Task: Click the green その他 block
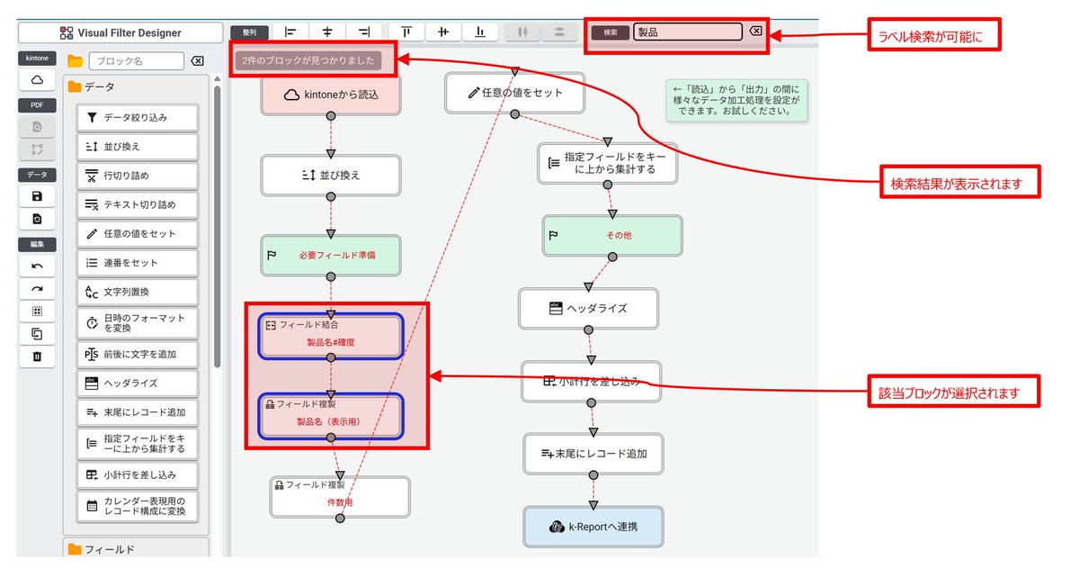tap(611, 235)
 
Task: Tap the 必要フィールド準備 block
tap(330, 256)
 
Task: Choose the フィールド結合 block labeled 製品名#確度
tap(330, 335)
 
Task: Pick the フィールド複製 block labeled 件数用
tap(340, 496)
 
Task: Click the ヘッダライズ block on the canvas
tap(588, 308)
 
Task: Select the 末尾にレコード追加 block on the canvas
tap(593, 454)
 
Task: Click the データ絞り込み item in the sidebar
tap(138, 117)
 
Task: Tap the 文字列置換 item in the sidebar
tap(138, 292)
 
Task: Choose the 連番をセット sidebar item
tap(138, 263)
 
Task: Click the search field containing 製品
tap(688, 32)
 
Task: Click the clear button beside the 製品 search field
tap(756, 32)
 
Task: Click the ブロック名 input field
tap(135, 61)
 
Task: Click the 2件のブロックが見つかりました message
tap(306, 61)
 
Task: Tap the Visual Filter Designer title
tap(120, 33)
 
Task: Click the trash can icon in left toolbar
tap(37, 357)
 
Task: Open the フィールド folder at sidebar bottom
tap(135, 549)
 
